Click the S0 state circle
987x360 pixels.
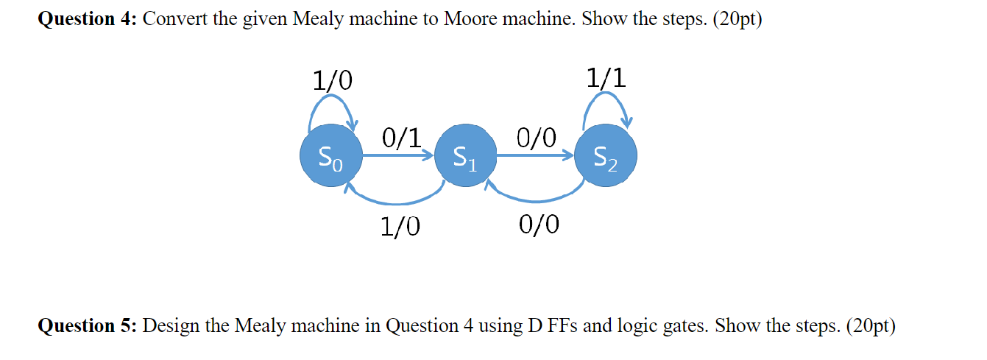coord(330,156)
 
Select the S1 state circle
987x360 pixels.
coord(465,156)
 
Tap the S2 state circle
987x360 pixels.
coord(606,156)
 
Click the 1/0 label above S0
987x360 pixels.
coord(333,80)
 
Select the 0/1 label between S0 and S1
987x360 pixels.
coord(402,137)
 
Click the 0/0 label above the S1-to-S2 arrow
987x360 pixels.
coord(537,137)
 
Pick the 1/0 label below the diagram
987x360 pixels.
coord(400,227)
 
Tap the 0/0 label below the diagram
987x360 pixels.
coord(538,224)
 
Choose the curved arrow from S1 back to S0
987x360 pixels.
coord(397,199)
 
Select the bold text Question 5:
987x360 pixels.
coord(87,325)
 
